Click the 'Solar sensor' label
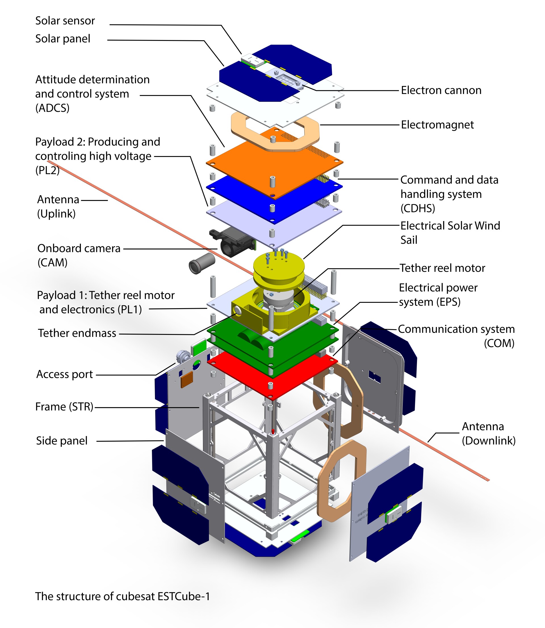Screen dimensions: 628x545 click(x=65, y=21)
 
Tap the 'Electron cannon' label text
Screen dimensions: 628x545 click(x=441, y=90)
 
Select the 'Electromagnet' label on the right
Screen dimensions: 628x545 click(x=437, y=125)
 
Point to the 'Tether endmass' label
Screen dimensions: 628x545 click(x=77, y=333)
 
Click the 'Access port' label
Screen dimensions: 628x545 click(x=64, y=374)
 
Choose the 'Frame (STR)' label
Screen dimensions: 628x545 click(x=64, y=407)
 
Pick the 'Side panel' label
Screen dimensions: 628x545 click(x=62, y=441)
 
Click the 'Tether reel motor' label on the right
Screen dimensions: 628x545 click(x=442, y=268)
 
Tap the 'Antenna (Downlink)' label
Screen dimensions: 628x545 click(x=489, y=433)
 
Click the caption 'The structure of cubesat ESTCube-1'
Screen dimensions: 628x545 click(x=123, y=597)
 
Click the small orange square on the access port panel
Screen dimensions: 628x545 click(x=187, y=379)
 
